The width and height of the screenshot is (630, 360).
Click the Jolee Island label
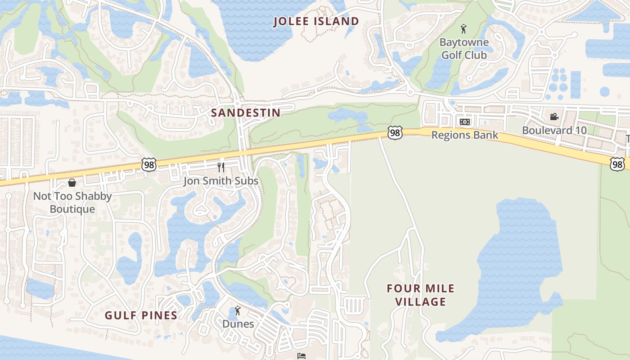317,21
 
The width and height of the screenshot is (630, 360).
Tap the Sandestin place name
246,112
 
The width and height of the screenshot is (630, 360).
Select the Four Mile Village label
421,295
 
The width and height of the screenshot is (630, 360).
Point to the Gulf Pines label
141,315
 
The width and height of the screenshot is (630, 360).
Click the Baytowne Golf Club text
463,49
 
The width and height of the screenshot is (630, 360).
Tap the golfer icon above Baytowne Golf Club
463,29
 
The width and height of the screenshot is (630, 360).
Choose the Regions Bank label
465,135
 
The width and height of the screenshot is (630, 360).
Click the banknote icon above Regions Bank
464,121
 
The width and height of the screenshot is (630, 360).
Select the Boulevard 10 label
554,130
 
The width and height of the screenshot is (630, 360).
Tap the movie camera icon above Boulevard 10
554,117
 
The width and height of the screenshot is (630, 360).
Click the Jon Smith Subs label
220,181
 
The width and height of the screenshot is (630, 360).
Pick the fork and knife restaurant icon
220,167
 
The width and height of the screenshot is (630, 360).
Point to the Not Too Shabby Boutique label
72,202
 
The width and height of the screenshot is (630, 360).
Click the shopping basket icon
72,183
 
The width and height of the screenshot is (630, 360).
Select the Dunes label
238,324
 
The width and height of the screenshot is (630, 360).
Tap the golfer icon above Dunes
238,310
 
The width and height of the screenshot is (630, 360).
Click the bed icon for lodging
302,355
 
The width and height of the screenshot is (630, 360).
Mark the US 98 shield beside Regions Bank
395,133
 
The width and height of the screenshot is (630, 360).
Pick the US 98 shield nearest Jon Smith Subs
149,165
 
